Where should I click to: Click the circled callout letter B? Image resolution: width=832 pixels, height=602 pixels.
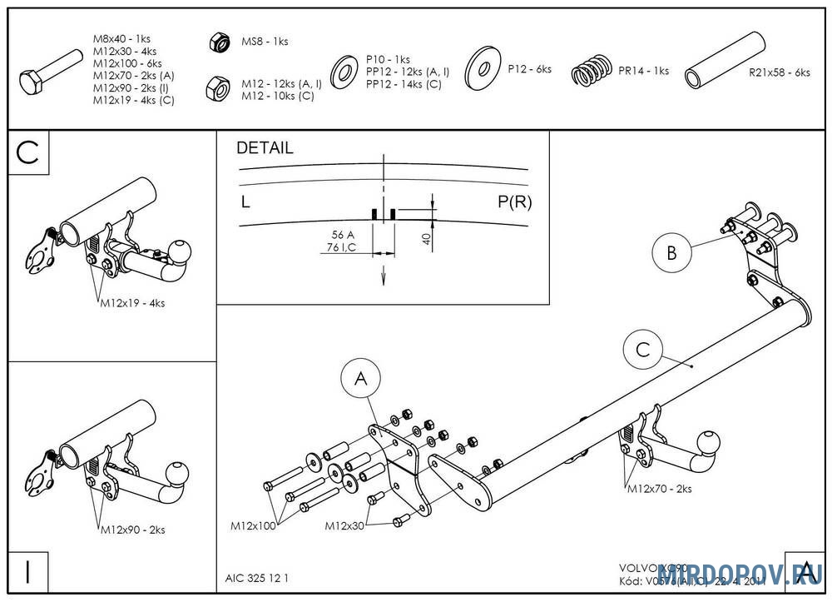pos(671,251)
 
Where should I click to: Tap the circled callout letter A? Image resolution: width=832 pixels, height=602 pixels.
pos(361,380)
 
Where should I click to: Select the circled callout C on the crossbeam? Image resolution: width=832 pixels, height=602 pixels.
pos(643,351)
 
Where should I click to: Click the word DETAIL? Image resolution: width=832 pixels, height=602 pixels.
pos(265,148)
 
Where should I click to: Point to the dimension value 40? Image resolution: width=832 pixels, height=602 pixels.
pos(426,239)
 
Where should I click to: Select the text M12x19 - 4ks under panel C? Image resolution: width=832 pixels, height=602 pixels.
pos(133,303)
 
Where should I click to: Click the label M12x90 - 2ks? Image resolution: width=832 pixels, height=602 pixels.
pos(133,530)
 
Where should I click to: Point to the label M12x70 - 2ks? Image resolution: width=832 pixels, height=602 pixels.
pos(660,489)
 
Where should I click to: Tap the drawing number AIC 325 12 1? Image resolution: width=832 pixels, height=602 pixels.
pos(258,577)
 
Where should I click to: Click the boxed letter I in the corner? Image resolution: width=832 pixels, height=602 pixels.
pos(28,572)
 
